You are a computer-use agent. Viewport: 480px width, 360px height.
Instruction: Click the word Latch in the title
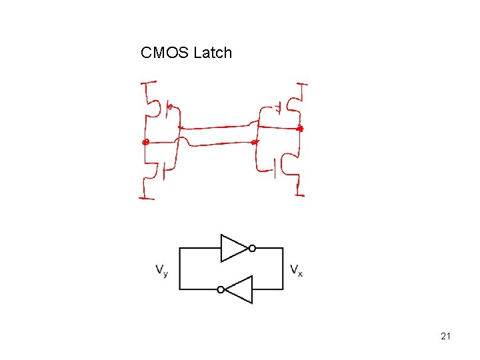point(213,53)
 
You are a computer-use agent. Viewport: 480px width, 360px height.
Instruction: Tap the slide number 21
point(445,336)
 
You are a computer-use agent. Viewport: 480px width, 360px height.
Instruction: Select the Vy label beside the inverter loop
point(162,270)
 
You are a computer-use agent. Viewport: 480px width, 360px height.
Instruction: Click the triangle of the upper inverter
point(233,248)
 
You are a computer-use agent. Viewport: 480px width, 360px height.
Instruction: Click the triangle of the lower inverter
point(239,289)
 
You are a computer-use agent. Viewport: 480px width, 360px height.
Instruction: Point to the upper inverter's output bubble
point(252,248)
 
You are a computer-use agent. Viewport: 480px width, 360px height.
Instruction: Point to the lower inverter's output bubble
point(221,289)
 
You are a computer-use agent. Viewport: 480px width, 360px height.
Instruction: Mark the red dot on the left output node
point(145,142)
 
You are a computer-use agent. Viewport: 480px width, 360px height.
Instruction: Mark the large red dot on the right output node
point(300,127)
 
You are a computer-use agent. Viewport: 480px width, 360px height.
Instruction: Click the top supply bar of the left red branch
point(148,83)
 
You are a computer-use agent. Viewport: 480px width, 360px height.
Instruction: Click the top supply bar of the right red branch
point(302,85)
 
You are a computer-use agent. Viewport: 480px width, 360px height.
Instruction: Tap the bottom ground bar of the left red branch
point(147,197)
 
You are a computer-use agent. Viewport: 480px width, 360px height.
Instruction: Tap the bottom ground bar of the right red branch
point(300,195)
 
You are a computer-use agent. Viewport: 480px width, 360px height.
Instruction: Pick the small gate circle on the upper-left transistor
point(169,107)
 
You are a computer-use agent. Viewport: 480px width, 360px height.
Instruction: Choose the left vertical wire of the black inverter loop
point(180,269)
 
